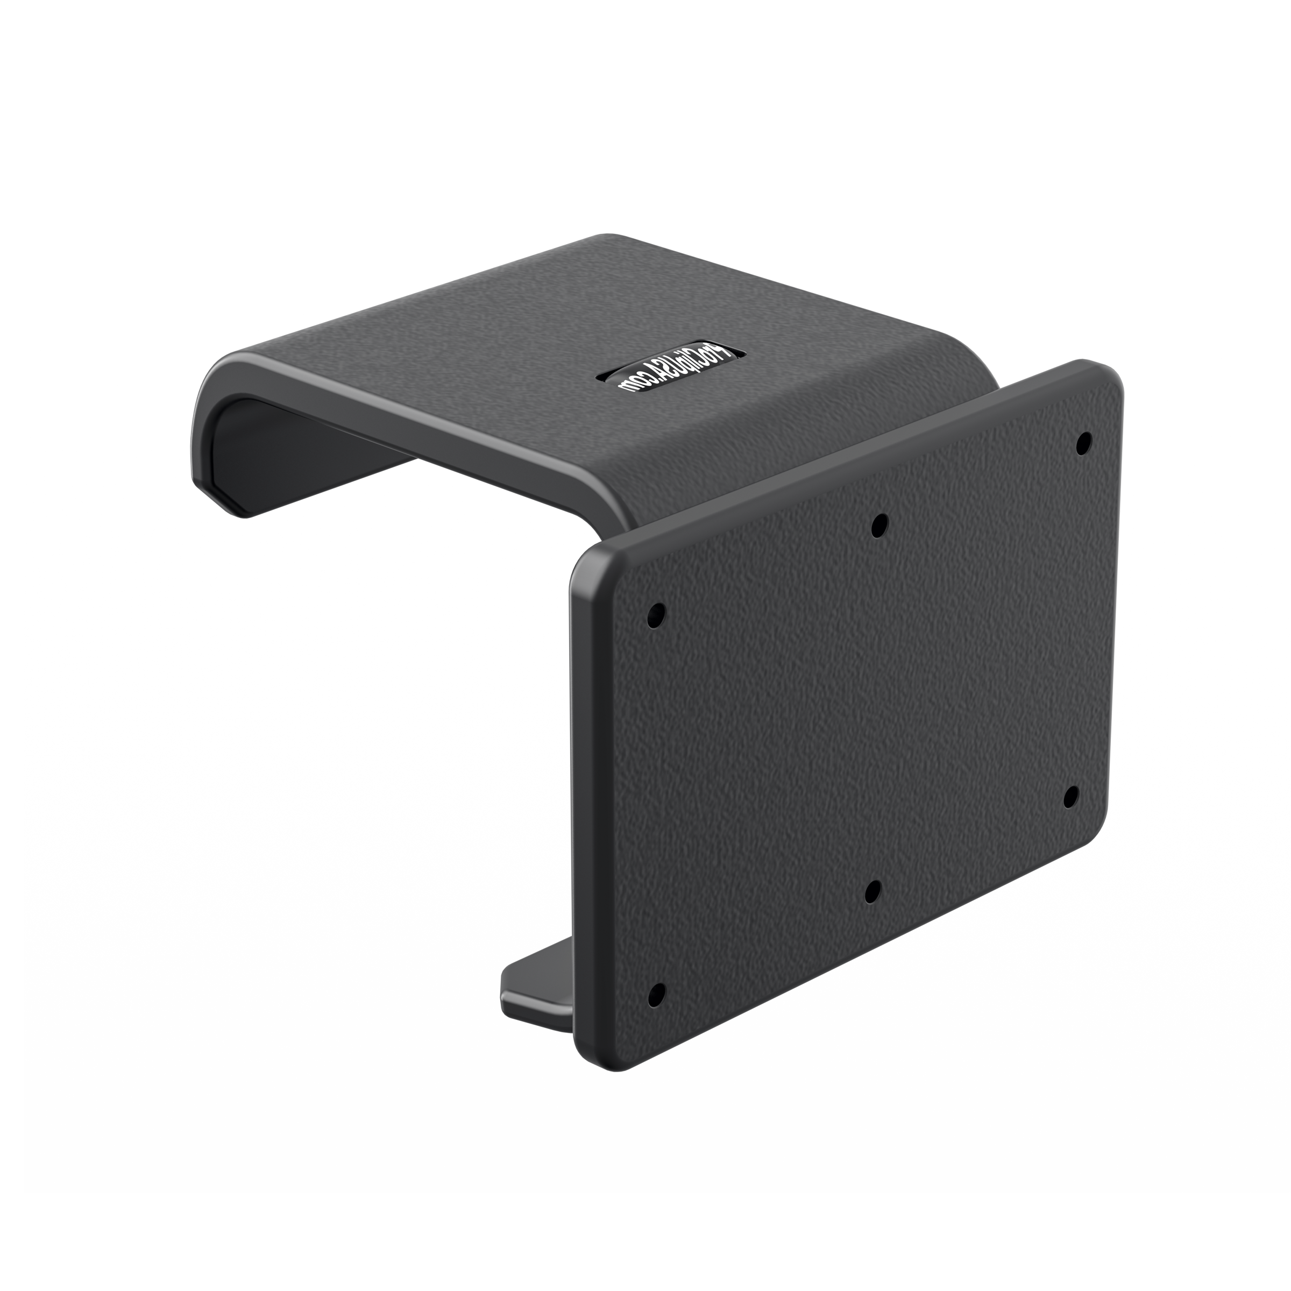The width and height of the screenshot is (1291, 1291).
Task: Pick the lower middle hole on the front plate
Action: (x=872, y=891)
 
